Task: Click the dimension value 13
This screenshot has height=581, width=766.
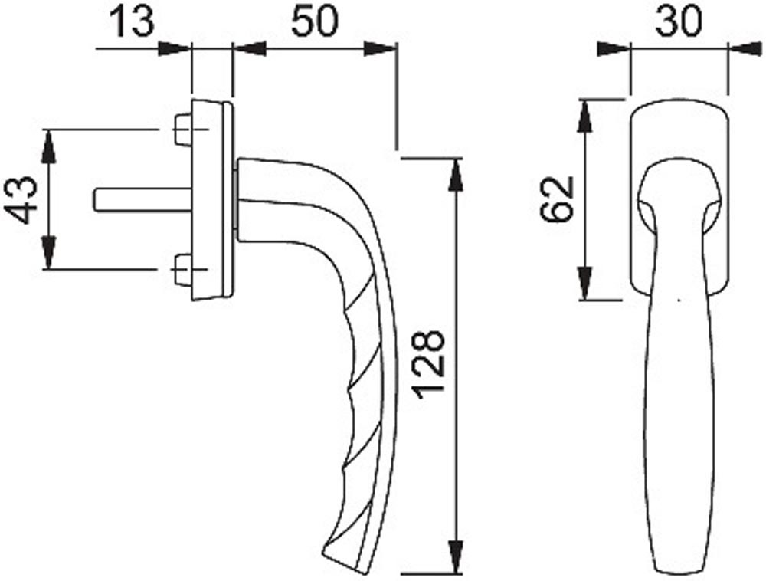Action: click(131, 21)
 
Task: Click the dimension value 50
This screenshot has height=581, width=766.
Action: click(315, 21)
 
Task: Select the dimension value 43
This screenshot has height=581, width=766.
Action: click(21, 200)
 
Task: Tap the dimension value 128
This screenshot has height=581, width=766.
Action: click(428, 364)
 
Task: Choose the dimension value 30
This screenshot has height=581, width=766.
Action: click(679, 22)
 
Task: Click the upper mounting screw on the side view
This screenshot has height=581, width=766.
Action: click(183, 130)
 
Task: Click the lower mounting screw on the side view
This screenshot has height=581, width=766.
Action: click(183, 270)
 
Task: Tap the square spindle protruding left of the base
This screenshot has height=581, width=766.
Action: click(142, 200)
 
